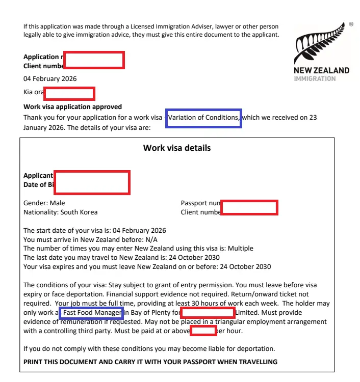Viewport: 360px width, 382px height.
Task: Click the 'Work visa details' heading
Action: [x=177, y=148]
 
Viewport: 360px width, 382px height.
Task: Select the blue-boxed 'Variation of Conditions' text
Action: [x=204, y=118]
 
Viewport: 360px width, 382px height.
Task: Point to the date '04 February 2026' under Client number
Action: [x=50, y=79]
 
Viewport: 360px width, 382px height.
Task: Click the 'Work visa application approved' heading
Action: [x=72, y=107]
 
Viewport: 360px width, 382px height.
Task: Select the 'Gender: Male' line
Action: [x=44, y=203]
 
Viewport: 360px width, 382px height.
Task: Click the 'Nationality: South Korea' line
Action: [x=60, y=212]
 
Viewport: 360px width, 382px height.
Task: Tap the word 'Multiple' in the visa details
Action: [x=240, y=249]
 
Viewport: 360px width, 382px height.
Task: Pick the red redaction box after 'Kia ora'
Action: [x=69, y=94]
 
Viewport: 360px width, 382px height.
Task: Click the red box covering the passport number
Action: [x=249, y=208]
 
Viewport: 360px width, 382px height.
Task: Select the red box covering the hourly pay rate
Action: [x=203, y=331]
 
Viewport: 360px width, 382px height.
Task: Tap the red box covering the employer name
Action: [x=208, y=313]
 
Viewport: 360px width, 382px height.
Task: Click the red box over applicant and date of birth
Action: [x=92, y=182]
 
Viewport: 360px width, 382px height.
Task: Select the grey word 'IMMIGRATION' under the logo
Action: [x=315, y=79]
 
